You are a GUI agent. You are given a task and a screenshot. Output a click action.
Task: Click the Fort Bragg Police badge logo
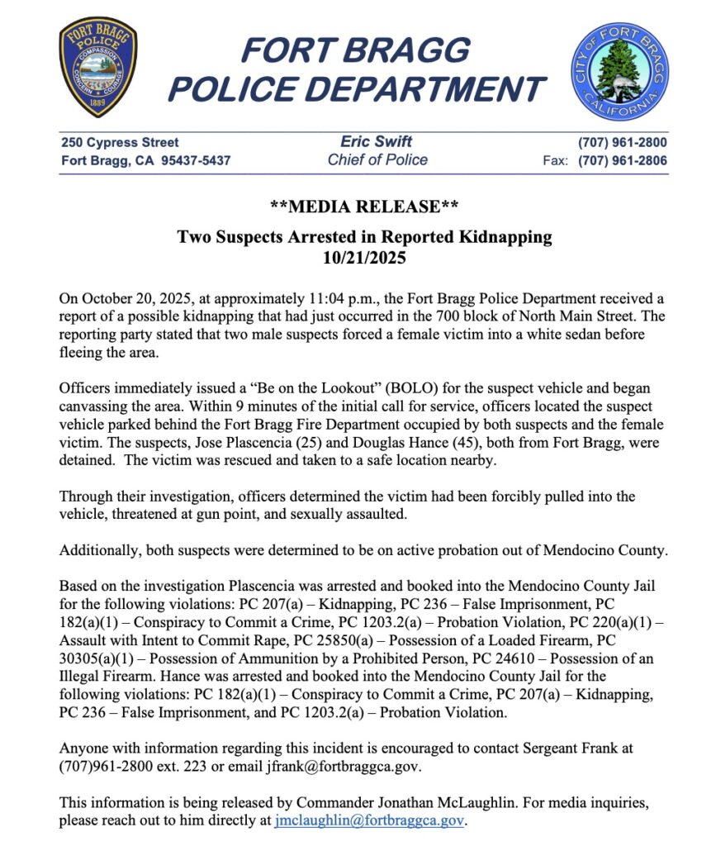pos(98,68)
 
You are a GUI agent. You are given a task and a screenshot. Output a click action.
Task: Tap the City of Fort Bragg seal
pos(619,72)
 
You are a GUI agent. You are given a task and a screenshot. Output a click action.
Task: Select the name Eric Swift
pos(377,141)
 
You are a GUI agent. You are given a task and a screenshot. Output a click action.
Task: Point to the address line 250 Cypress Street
pos(120,142)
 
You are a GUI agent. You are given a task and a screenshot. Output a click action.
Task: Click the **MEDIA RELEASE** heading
pos(364,206)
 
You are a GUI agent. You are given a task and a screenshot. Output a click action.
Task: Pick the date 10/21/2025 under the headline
pos(364,257)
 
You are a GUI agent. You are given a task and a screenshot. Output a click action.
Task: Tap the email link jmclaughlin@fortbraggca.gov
pos(370,821)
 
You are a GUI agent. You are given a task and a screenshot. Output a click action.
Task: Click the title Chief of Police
pos(377,160)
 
